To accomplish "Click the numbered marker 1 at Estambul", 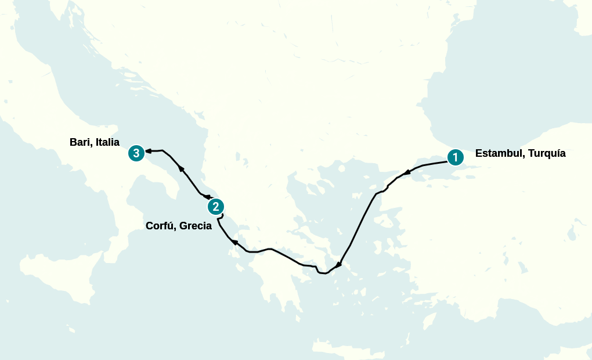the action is coord(456,157).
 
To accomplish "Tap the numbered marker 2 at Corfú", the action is coord(215,206).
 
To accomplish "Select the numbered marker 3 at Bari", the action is coord(136,153).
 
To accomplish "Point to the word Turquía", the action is coord(545,154).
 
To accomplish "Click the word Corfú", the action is coord(161,226).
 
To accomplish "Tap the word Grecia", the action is coord(196,226).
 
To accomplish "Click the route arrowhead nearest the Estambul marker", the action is coord(407,172).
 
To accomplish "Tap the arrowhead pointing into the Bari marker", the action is coord(148,151).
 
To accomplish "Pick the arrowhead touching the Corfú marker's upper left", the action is coord(205,197).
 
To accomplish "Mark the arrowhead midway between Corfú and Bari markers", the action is coord(181,168).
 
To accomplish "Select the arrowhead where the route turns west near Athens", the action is coord(338,265).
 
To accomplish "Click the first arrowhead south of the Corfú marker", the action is coord(234,242).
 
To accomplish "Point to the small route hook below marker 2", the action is coord(221,217).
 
